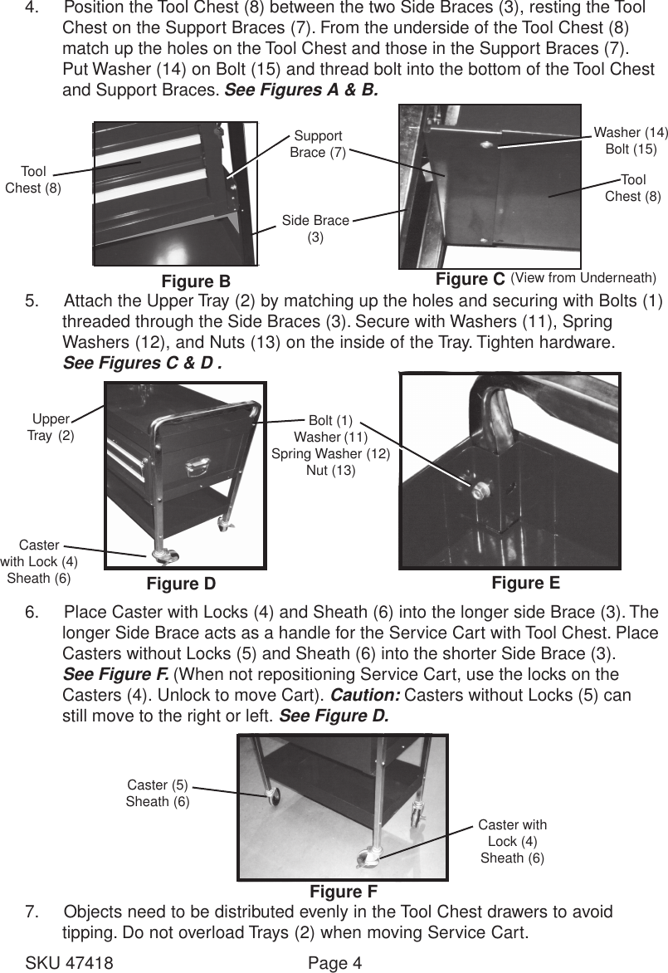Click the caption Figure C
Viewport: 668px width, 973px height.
(x=470, y=279)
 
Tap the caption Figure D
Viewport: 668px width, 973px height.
(x=181, y=584)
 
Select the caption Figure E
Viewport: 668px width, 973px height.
(x=525, y=582)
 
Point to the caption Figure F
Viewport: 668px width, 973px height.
(x=344, y=892)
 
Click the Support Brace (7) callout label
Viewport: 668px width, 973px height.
(x=318, y=144)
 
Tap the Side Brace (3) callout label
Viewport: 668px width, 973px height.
(x=315, y=228)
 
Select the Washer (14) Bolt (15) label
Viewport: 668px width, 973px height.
(x=631, y=140)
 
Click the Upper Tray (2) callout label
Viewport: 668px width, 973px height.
(x=51, y=427)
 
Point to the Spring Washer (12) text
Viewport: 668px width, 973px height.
(x=330, y=453)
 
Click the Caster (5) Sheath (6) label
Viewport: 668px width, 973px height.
(x=158, y=793)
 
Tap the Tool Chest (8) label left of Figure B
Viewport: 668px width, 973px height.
(x=33, y=179)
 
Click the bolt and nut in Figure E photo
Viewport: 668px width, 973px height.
(x=479, y=489)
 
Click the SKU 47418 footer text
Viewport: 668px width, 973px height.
(x=70, y=963)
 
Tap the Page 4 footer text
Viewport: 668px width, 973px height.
(x=335, y=963)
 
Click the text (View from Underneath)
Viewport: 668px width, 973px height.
(x=583, y=276)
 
